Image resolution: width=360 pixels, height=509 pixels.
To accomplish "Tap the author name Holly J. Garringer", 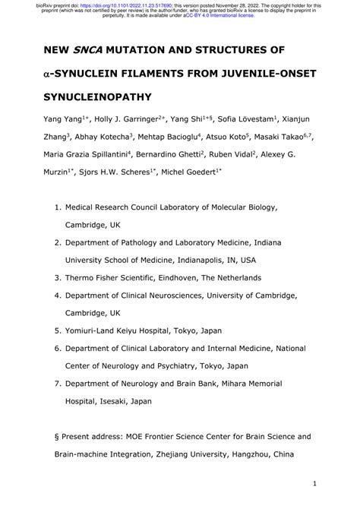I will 134,120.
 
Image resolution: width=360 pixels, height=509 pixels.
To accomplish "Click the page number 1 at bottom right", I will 314,484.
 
